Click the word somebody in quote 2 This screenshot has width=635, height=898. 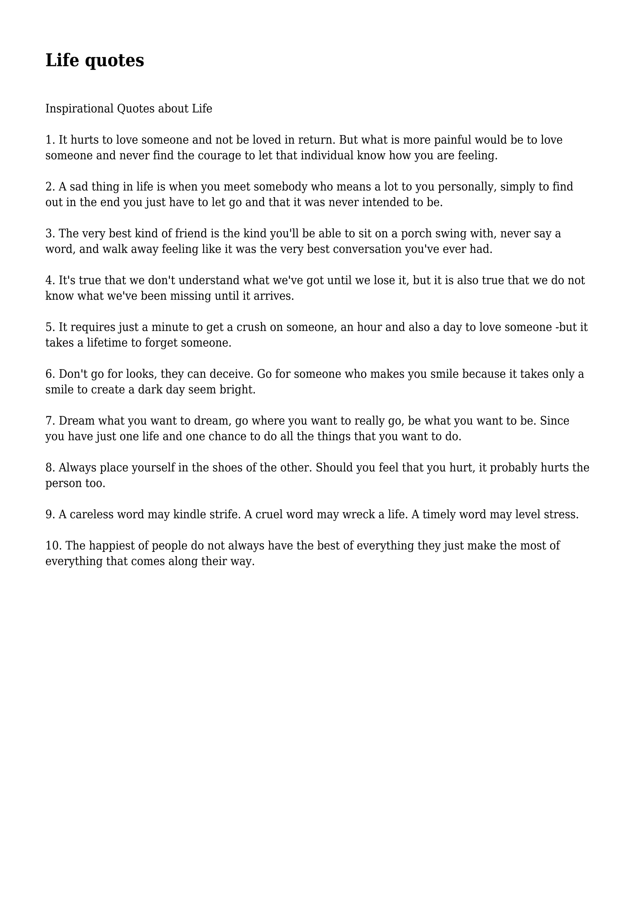pyautogui.click(x=280, y=187)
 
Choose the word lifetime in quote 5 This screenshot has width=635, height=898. pyautogui.click(x=108, y=343)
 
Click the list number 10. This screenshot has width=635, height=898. pyautogui.click(x=53, y=546)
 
